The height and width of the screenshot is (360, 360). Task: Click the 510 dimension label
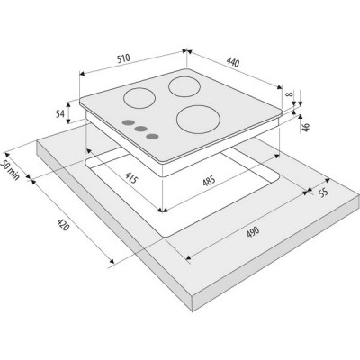point(123,58)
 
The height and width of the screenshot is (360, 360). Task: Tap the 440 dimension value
point(233,62)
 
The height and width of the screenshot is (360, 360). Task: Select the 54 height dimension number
point(60,113)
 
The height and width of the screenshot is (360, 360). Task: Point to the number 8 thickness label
point(289,94)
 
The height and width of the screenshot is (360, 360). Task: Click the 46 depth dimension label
point(305,128)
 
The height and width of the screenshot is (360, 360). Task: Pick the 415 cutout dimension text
point(130,176)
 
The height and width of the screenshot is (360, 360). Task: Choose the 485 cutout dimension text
point(209,181)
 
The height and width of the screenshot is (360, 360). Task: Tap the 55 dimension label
point(323,193)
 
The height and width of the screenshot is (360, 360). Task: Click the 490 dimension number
point(253,232)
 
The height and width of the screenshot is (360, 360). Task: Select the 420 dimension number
point(63,224)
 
